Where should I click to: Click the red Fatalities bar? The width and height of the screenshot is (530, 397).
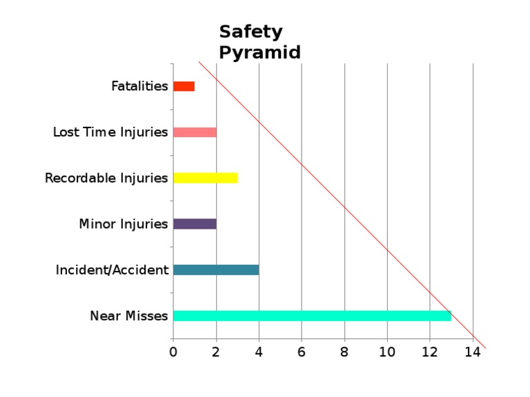[184, 86]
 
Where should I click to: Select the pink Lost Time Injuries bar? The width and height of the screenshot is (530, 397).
[195, 132]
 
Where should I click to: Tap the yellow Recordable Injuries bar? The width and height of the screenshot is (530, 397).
[205, 178]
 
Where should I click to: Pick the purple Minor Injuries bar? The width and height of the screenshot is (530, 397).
[195, 224]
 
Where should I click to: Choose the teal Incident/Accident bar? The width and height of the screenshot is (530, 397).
[216, 270]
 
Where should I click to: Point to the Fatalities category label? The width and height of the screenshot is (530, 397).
[139, 86]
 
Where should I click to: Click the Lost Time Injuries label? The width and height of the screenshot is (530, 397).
[110, 132]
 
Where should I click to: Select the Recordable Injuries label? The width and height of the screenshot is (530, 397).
[106, 178]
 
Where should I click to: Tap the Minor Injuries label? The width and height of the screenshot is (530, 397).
[124, 224]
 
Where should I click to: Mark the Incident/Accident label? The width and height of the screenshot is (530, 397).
[112, 270]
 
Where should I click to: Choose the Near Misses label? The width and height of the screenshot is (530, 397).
[129, 316]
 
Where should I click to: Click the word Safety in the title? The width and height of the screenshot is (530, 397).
[251, 32]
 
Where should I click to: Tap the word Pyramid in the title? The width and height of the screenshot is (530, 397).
[259, 52]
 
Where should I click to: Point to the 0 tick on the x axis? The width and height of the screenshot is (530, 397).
[173, 352]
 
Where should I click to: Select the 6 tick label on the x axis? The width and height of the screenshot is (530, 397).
[302, 352]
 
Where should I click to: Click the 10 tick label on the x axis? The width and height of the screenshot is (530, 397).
[387, 352]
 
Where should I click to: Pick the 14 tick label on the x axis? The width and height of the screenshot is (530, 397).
[472, 352]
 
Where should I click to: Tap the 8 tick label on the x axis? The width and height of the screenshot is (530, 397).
[344, 352]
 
